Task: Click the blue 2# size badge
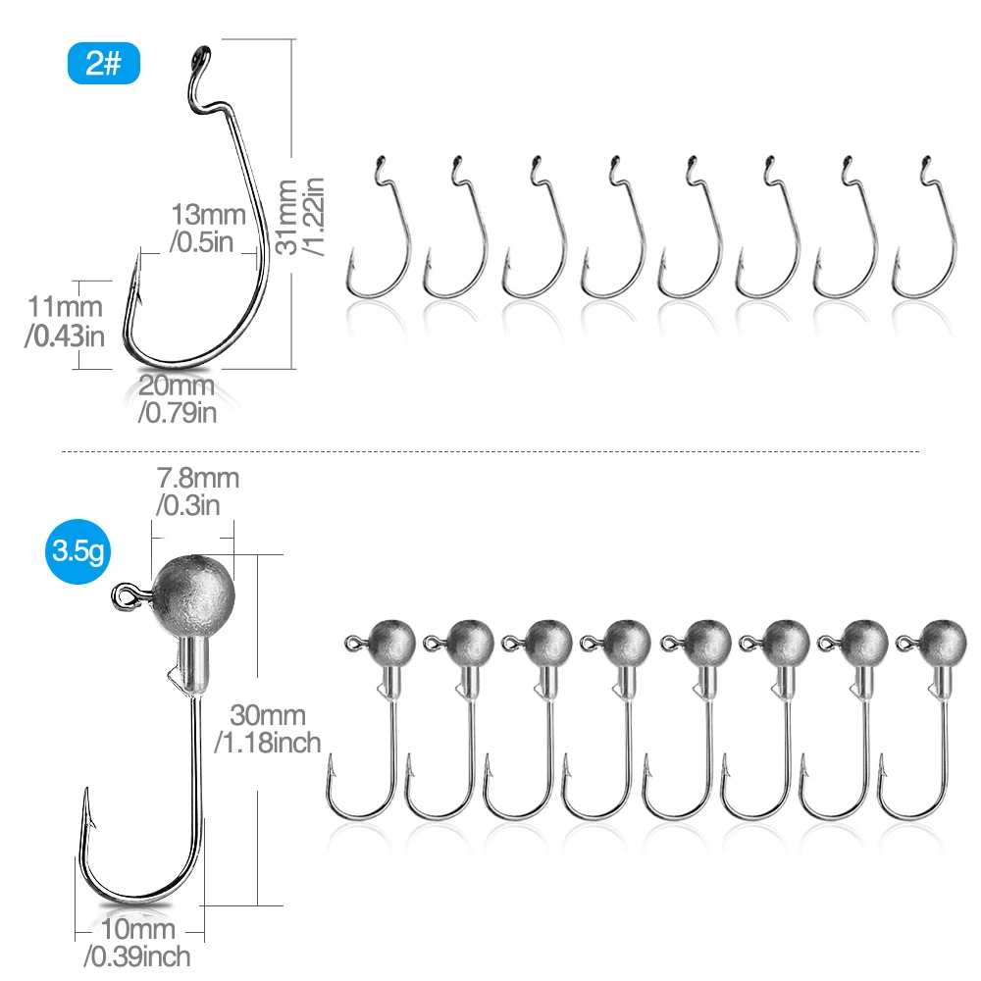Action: tap(104, 65)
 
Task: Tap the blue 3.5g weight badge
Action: tap(78, 554)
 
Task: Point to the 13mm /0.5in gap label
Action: tap(203, 228)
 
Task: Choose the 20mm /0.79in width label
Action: tap(178, 397)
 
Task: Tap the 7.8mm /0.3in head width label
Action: tap(197, 491)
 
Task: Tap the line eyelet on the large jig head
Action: tap(125, 594)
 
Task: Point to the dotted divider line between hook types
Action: tap(490, 451)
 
